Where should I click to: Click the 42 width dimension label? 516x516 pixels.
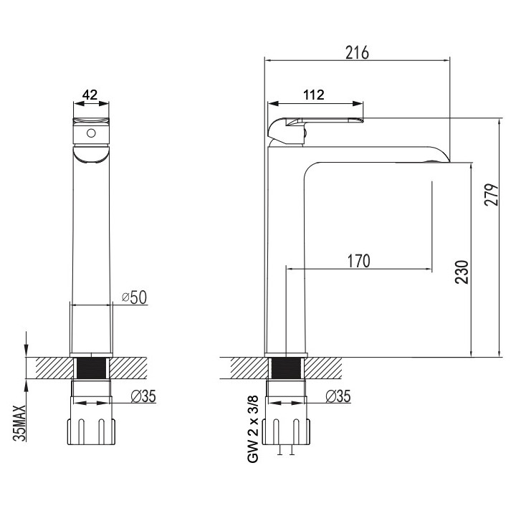pyautogui.click(x=90, y=94)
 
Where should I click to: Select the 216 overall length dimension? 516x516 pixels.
pyautogui.click(x=357, y=52)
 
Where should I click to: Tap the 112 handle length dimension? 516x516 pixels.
pyautogui.click(x=314, y=94)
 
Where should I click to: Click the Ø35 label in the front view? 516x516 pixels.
pyautogui.click(x=145, y=396)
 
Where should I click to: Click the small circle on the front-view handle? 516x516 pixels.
pyautogui.click(x=91, y=133)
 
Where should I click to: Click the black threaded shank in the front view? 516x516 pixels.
pyautogui.click(x=91, y=368)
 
